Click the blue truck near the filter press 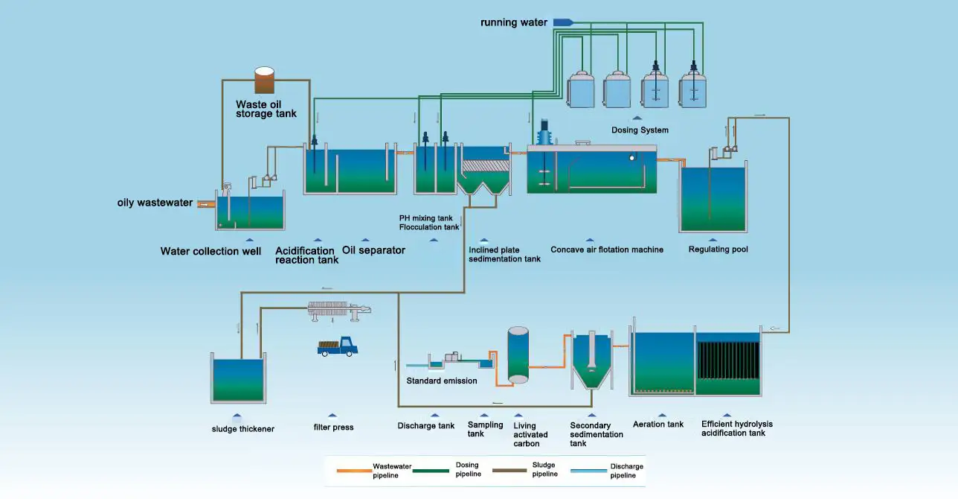pyautogui.click(x=338, y=346)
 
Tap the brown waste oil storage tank pyautogui.click(x=264, y=80)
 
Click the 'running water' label pyautogui.click(x=514, y=22)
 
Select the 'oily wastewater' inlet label pyautogui.click(x=155, y=203)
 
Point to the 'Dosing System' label pyautogui.click(x=640, y=130)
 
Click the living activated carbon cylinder pyautogui.click(x=518, y=355)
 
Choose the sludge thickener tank pyautogui.click(x=238, y=381)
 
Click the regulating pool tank pyautogui.click(x=713, y=199)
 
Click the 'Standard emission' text pyautogui.click(x=442, y=381)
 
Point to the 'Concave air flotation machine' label pyautogui.click(x=607, y=249)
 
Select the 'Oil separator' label pyautogui.click(x=373, y=250)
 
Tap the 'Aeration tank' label pyautogui.click(x=658, y=425)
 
